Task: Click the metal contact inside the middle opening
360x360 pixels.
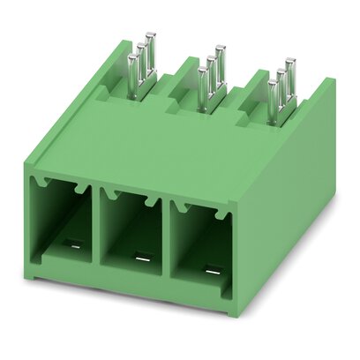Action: pos(139,259)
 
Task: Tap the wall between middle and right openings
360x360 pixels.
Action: pos(167,240)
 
